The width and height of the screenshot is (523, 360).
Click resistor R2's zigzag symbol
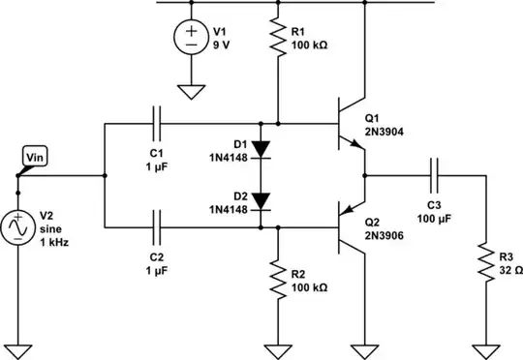tap(279, 279)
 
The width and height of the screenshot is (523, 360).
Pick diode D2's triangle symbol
tap(262, 201)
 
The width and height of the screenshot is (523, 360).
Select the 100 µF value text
tap(437, 218)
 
